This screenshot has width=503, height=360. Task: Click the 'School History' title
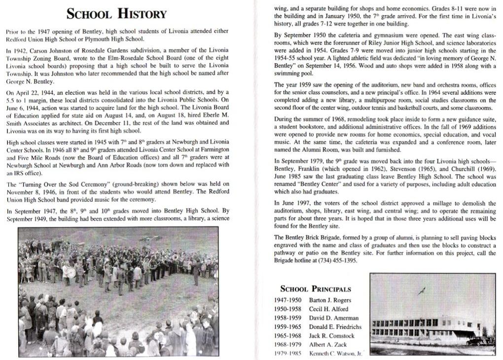(117, 14)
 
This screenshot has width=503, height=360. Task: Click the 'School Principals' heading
(316, 289)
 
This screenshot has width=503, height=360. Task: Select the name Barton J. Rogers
(330, 300)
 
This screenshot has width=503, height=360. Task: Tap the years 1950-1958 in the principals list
(288, 309)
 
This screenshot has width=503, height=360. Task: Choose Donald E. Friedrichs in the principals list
(335, 327)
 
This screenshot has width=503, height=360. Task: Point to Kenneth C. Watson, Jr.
(335, 354)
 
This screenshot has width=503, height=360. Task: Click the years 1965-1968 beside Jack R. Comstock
(288, 336)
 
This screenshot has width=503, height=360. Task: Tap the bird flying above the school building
(422, 291)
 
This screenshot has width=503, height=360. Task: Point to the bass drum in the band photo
(71, 272)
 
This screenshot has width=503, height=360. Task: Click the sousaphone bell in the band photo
(175, 257)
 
